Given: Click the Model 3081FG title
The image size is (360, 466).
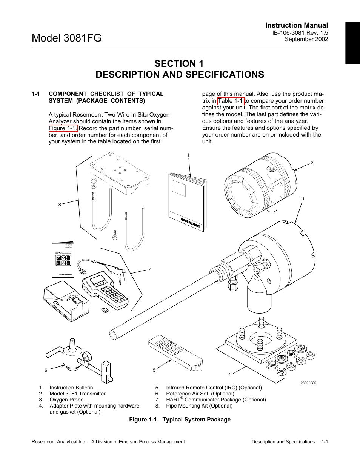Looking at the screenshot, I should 67,38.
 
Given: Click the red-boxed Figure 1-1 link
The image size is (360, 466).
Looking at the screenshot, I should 63,128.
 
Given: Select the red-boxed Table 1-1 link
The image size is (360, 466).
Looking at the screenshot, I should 231,101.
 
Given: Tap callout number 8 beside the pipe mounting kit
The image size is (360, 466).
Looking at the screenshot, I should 60,205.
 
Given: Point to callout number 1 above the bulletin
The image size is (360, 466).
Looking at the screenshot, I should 188,155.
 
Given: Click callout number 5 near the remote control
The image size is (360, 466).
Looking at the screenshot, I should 154,370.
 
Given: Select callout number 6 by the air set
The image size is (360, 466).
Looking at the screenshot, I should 46,370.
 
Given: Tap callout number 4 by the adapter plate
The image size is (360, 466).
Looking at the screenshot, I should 229,374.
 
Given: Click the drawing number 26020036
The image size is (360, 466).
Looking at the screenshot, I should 308,383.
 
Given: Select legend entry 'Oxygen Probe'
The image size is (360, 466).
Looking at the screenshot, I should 66,400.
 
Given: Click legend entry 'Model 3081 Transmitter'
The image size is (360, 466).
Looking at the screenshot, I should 77,394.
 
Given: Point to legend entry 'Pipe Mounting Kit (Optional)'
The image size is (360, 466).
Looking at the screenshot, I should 199,406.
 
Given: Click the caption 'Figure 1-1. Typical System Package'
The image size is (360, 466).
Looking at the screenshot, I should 180,420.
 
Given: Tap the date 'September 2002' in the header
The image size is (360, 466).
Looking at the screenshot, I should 306,39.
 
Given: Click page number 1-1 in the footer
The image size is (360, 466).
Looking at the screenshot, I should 325,441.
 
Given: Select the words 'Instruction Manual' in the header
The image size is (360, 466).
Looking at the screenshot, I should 296,25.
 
